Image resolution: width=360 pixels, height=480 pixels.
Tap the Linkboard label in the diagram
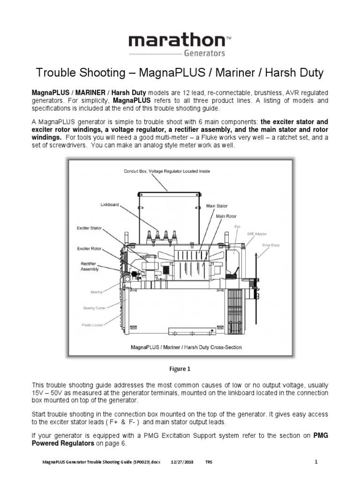[110, 205]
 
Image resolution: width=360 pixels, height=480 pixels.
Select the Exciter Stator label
[89, 228]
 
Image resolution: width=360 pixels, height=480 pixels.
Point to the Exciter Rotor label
[89, 248]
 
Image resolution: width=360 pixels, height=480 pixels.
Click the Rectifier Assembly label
[90, 266]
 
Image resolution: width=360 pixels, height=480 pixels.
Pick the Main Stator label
[217, 206]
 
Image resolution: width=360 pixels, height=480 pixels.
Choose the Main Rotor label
[226, 216]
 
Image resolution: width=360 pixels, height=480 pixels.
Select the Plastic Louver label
[93, 324]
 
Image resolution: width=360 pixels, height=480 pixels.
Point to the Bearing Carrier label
[95, 308]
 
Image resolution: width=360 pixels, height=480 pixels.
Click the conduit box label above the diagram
[166, 171]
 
